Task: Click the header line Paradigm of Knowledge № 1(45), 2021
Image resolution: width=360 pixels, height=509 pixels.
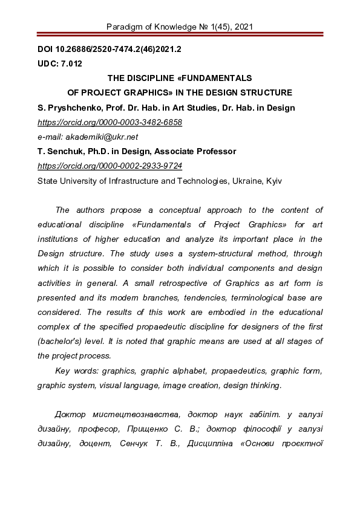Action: point(180,27)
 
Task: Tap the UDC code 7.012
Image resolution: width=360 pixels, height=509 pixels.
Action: point(71,63)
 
